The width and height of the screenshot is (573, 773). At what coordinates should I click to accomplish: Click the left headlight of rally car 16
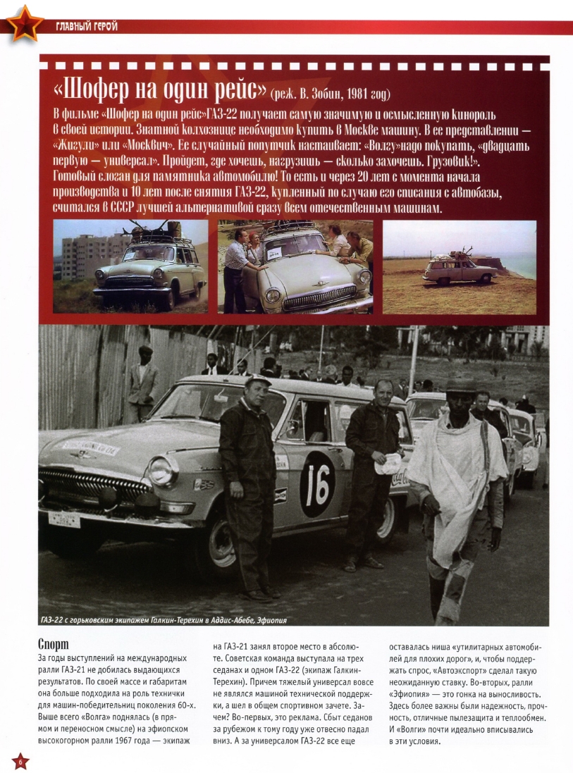pos(163,469)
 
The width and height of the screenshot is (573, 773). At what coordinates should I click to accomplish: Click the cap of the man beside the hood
pos(258,381)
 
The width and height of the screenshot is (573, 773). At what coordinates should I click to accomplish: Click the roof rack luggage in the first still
pos(151,230)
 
